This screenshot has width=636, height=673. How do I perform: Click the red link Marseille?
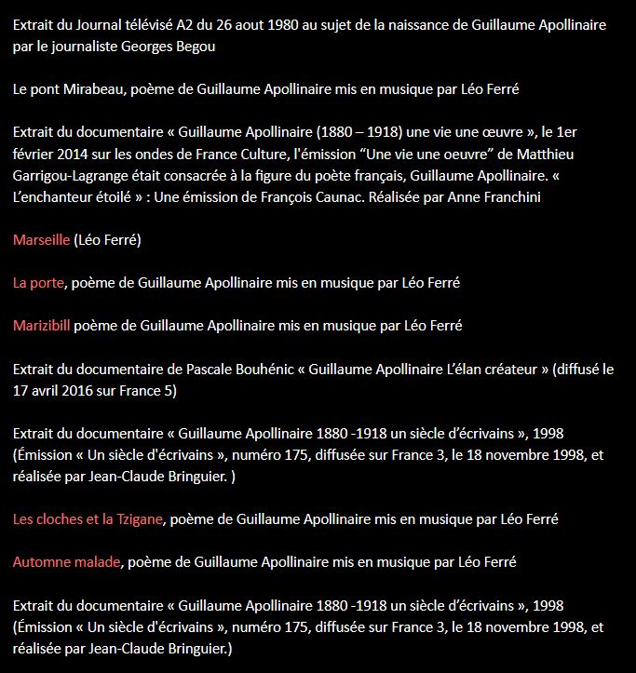point(42,239)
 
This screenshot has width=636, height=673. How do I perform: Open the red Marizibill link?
point(42,325)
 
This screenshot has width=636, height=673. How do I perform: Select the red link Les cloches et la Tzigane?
point(88,518)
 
